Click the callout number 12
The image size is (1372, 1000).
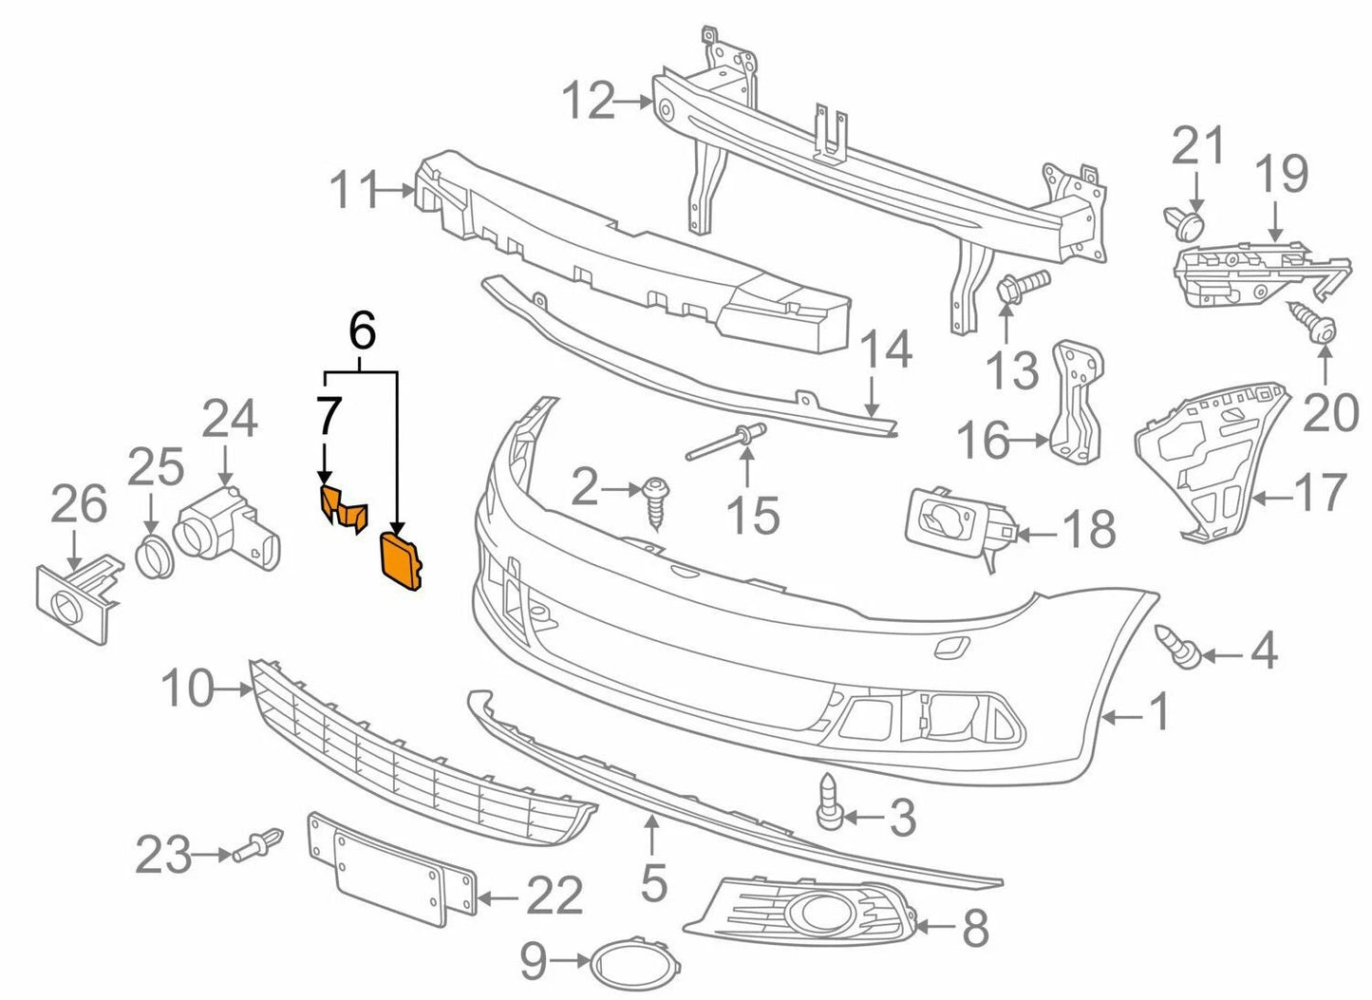[589, 101]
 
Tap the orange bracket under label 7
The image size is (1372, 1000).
[343, 506]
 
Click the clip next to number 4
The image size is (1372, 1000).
[1177, 648]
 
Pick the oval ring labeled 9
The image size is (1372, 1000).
[630, 961]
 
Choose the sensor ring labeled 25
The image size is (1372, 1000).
[152, 557]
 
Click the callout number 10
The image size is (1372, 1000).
[187, 688]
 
